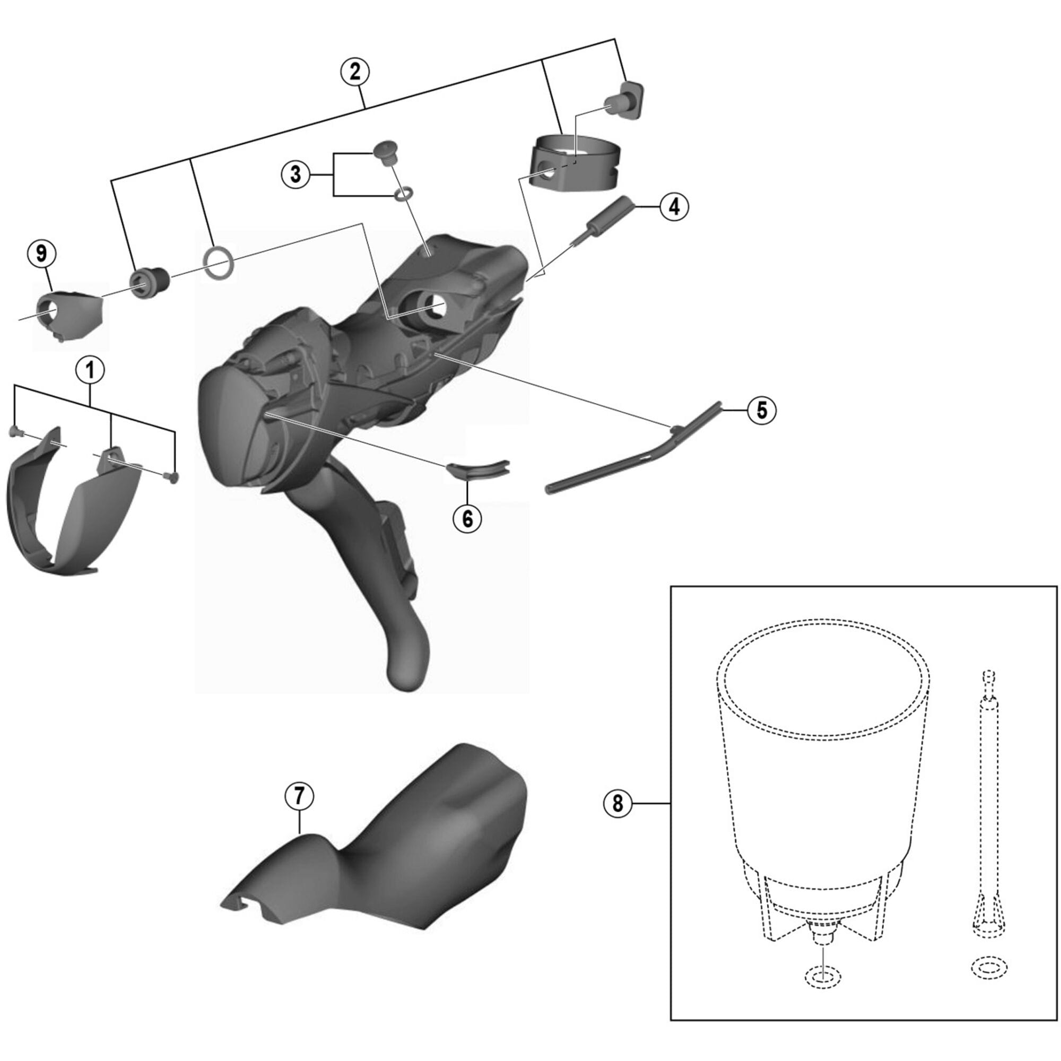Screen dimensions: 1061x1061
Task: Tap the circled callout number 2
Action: click(354, 72)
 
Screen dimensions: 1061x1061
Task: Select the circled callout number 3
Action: click(296, 175)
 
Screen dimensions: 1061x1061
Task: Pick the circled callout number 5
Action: click(762, 410)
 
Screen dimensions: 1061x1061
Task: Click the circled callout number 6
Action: click(467, 518)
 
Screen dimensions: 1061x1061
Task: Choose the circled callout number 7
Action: click(299, 796)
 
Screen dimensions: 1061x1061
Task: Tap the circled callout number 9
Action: click(41, 254)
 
